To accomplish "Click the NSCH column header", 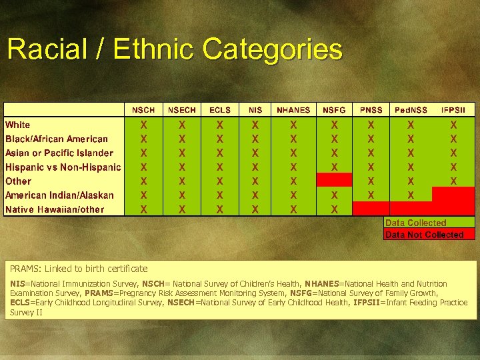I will tap(143, 110).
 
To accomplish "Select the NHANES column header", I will tap(293, 110).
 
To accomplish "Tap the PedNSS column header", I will tap(411, 110).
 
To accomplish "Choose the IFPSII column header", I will tap(453, 110).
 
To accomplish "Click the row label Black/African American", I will tap(57, 139).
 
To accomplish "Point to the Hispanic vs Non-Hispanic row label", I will tap(63, 167).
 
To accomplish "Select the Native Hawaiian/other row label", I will tap(55, 209).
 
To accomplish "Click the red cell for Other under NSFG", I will tap(335, 181).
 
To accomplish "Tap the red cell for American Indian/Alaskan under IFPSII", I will tap(453, 195).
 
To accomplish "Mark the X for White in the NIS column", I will tap(255, 125).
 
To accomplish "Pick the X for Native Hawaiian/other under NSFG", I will tap(335, 209).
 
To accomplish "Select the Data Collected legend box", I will tap(429, 223).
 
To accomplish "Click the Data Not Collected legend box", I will tap(429, 235).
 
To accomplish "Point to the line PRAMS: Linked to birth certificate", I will tap(79, 269).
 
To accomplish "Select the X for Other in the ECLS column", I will tap(220, 181).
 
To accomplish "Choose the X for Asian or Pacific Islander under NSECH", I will tap(182, 153).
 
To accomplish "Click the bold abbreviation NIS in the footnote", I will tap(17, 284).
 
